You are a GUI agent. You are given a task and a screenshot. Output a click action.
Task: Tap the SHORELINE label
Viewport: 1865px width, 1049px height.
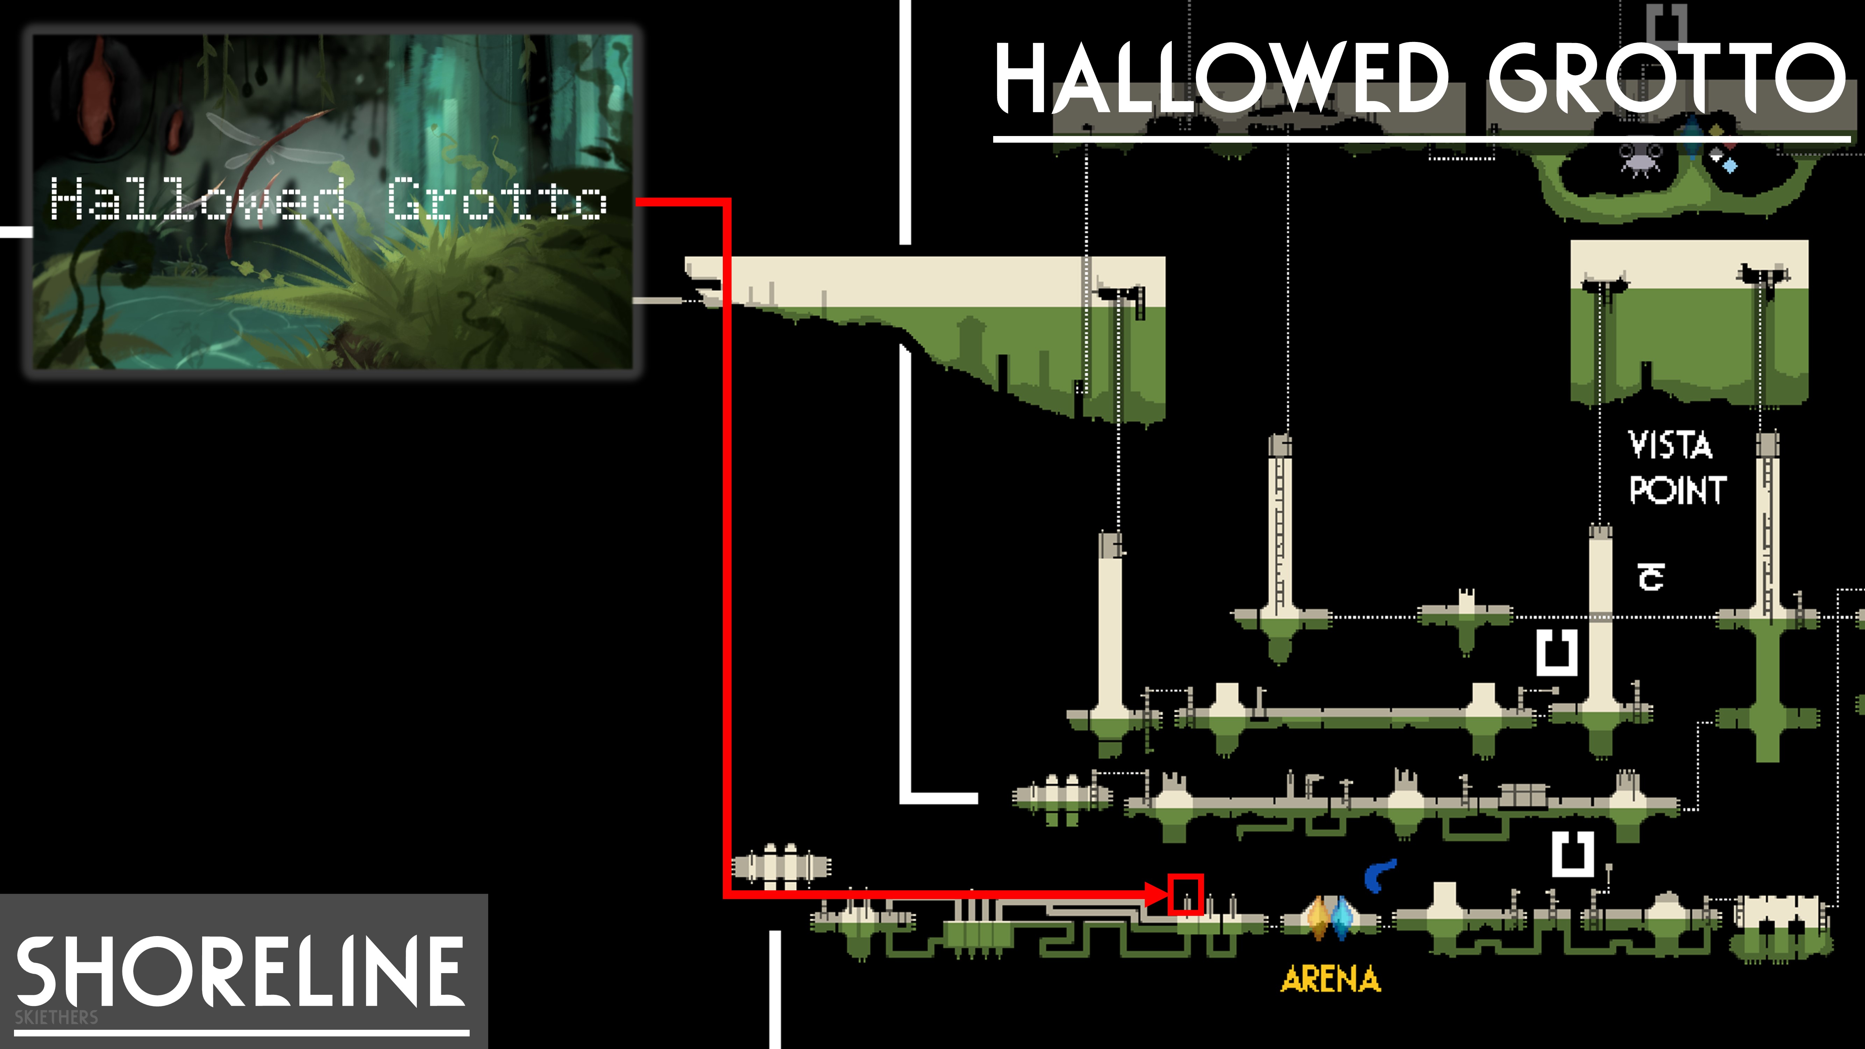point(239,970)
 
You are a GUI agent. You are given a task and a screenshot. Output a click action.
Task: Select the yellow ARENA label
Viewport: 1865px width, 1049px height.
point(1331,979)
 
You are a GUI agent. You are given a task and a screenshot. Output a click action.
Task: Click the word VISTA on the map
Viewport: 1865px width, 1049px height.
point(1670,444)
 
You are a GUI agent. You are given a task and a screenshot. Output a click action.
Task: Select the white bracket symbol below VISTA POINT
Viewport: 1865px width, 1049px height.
point(1557,651)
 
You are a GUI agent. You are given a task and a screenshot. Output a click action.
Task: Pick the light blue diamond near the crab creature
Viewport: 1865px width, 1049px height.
point(1730,166)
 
